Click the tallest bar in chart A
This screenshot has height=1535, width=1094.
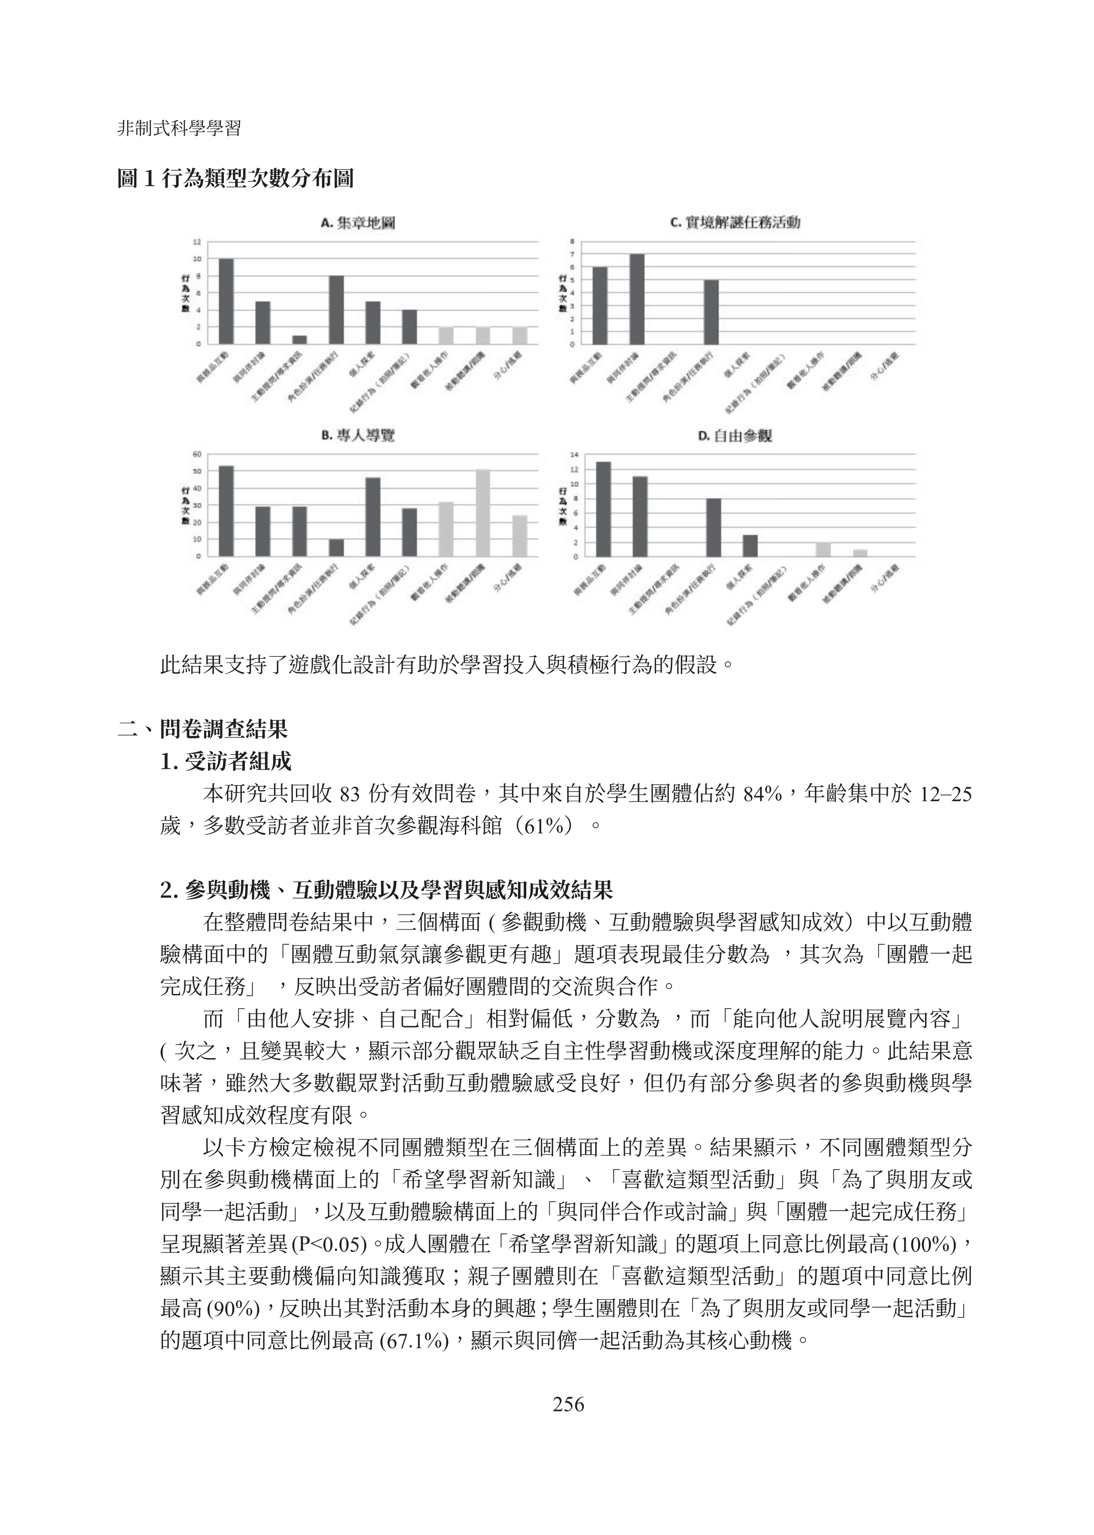[x=226, y=301]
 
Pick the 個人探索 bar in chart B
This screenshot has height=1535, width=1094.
[x=373, y=517]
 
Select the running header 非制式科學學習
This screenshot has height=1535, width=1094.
[x=179, y=129]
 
